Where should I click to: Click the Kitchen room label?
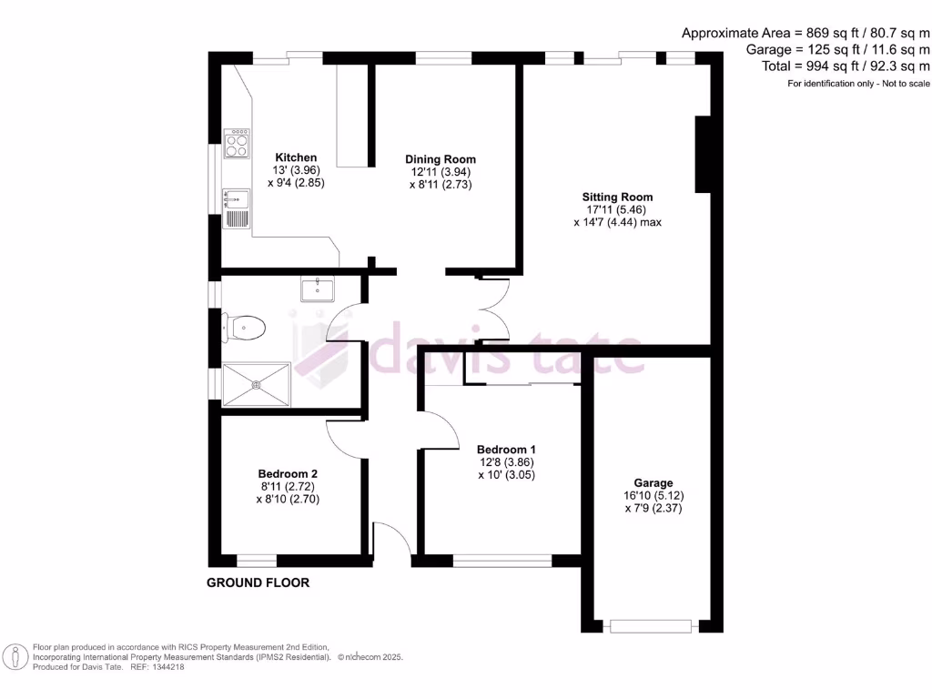(x=296, y=157)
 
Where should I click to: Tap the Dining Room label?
(x=441, y=159)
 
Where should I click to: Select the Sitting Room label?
(x=618, y=197)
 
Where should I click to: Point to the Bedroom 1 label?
(x=506, y=450)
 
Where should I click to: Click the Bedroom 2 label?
(x=288, y=474)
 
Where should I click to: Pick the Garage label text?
(x=653, y=483)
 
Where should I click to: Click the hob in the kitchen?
(x=238, y=143)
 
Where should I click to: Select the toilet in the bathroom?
(x=247, y=327)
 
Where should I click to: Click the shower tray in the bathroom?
(x=257, y=384)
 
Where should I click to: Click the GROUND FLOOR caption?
(x=258, y=582)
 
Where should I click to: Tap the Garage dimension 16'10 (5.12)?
(x=653, y=496)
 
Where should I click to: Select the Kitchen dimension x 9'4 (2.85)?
(x=296, y=182)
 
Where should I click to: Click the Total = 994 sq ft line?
(x=838, y=66)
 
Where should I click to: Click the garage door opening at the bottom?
(x=652, y=625)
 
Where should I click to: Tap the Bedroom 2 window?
(x=256, y=558)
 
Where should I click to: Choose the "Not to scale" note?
(x=898, y=84)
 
